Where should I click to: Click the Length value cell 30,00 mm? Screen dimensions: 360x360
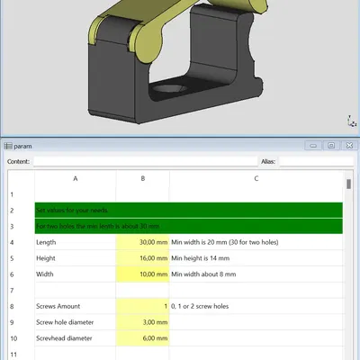click(142, 242)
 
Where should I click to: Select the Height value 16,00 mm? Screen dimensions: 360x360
click(142, 257)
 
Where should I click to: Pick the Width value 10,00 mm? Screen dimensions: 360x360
click(142, 274)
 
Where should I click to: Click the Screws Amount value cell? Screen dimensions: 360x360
click(142, 306)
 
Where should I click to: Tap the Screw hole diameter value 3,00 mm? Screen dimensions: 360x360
click(142, 321)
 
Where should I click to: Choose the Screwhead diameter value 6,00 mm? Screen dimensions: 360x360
click(142, 337)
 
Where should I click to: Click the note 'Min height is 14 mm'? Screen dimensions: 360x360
click(207, 257)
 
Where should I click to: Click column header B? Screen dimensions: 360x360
click(142, 178)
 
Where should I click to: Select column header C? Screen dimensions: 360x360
click(256, 178)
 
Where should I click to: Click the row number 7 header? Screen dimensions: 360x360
click(12, 290)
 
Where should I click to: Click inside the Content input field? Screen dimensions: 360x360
click(144, 162)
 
